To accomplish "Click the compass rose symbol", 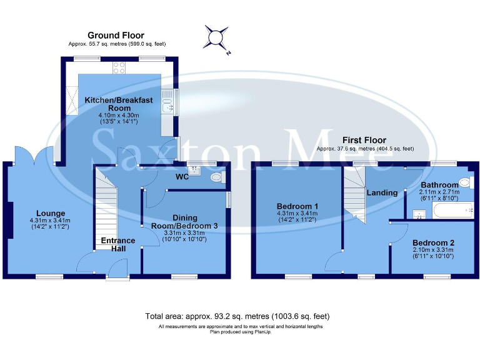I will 216,38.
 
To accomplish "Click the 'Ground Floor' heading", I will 116,36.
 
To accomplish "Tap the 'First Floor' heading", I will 364,140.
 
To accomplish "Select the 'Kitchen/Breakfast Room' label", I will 110,104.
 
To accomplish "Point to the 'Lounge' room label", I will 50,213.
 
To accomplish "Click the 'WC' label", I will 182,177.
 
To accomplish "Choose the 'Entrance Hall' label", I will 118,244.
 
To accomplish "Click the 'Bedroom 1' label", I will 297,206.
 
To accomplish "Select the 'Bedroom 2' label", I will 433,242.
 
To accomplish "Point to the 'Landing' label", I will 382,192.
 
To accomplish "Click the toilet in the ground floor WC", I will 217,178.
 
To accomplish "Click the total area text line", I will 237,316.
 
